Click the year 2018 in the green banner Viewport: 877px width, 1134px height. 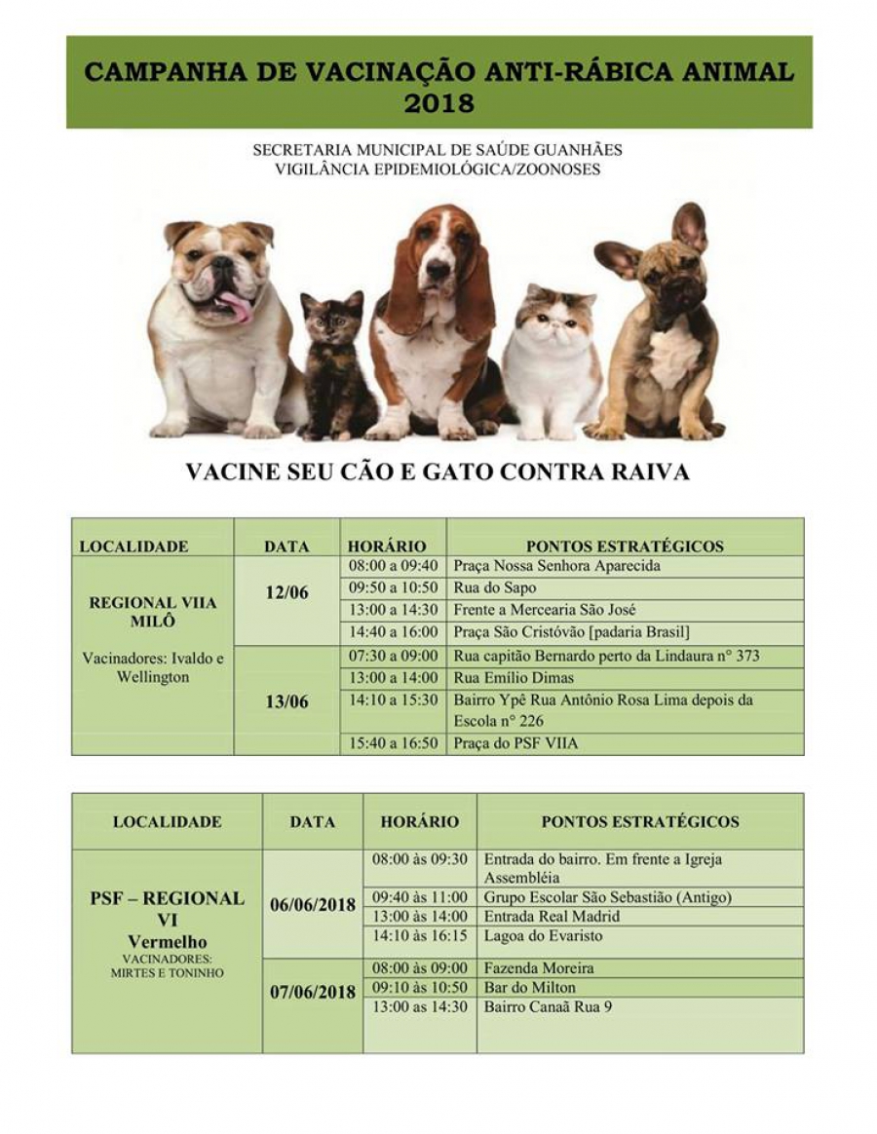(438, 102)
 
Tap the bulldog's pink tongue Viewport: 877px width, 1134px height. (236, 308)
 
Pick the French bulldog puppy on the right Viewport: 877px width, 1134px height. (663, 331)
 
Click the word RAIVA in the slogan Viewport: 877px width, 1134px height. (647, 472)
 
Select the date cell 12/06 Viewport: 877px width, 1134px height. (286, 593)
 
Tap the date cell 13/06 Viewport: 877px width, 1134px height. (286, 701)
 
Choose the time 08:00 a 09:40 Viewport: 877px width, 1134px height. (393, 566)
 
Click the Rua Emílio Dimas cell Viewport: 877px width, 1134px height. (514, 678)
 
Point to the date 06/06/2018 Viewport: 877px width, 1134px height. (312, 905)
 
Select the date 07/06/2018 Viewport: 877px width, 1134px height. (312, 993)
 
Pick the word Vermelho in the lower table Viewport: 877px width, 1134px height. (167, 942)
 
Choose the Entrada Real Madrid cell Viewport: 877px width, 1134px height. (552, 917)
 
